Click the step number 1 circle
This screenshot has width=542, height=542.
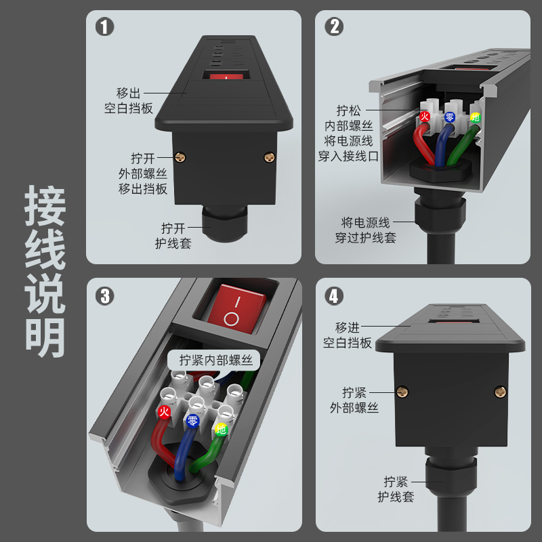[104, 26]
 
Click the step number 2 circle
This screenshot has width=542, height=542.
[333, 26]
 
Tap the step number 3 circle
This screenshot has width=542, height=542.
[104, 296]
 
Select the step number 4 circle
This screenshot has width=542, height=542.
[334, 296]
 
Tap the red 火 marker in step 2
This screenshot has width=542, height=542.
[425, 117]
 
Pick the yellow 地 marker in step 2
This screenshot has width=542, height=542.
[475, 117]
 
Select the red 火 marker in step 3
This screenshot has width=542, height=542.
[163, 411]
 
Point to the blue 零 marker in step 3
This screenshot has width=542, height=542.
[192, 421]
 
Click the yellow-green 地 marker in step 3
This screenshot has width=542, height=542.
[220, 429]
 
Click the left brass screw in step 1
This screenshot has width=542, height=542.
[181, 157]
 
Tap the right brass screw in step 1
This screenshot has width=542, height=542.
[269, 158]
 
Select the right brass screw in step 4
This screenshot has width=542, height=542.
[500, 391]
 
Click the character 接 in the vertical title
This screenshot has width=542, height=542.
[45, 208]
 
